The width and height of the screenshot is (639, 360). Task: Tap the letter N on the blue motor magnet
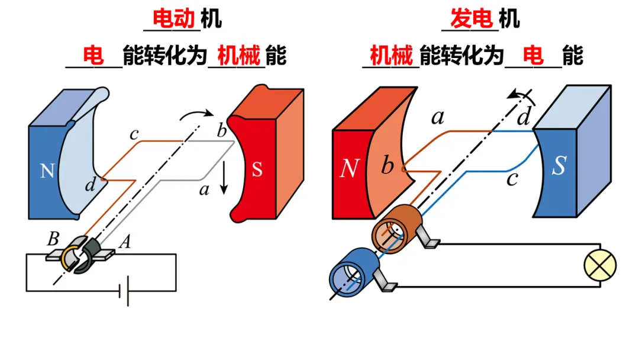point(47,171)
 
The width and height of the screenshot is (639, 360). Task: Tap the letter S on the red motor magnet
point(257,170)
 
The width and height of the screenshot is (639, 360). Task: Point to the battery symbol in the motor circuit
point(124,291)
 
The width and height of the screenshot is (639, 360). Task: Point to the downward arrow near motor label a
point(223,180)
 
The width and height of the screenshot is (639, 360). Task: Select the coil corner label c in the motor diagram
point(134,133)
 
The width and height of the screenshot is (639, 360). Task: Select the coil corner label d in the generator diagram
point(523,118)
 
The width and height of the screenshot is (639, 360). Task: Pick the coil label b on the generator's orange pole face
point(387,166)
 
